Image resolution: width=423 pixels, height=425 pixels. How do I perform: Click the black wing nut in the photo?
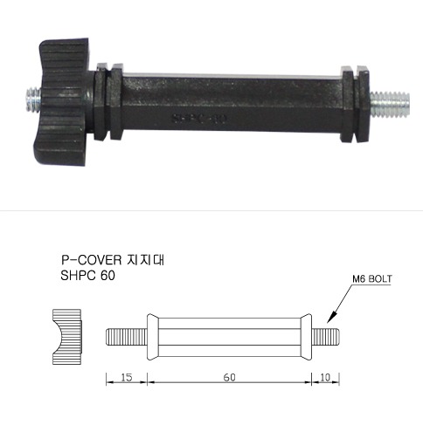click(64, 102)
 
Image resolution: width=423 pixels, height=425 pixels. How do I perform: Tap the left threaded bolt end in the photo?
click(33, 100)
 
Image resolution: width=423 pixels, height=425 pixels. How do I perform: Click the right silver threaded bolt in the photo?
click(390, 104)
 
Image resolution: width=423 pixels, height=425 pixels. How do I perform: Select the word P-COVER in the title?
click(91, 260)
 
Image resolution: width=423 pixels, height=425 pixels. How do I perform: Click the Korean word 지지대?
click(146, 259)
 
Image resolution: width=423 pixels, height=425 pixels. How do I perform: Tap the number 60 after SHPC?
click(107, 276)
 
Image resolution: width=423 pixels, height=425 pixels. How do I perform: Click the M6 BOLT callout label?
click(372, 278)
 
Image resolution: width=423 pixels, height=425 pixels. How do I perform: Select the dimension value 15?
click(127, 377)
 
